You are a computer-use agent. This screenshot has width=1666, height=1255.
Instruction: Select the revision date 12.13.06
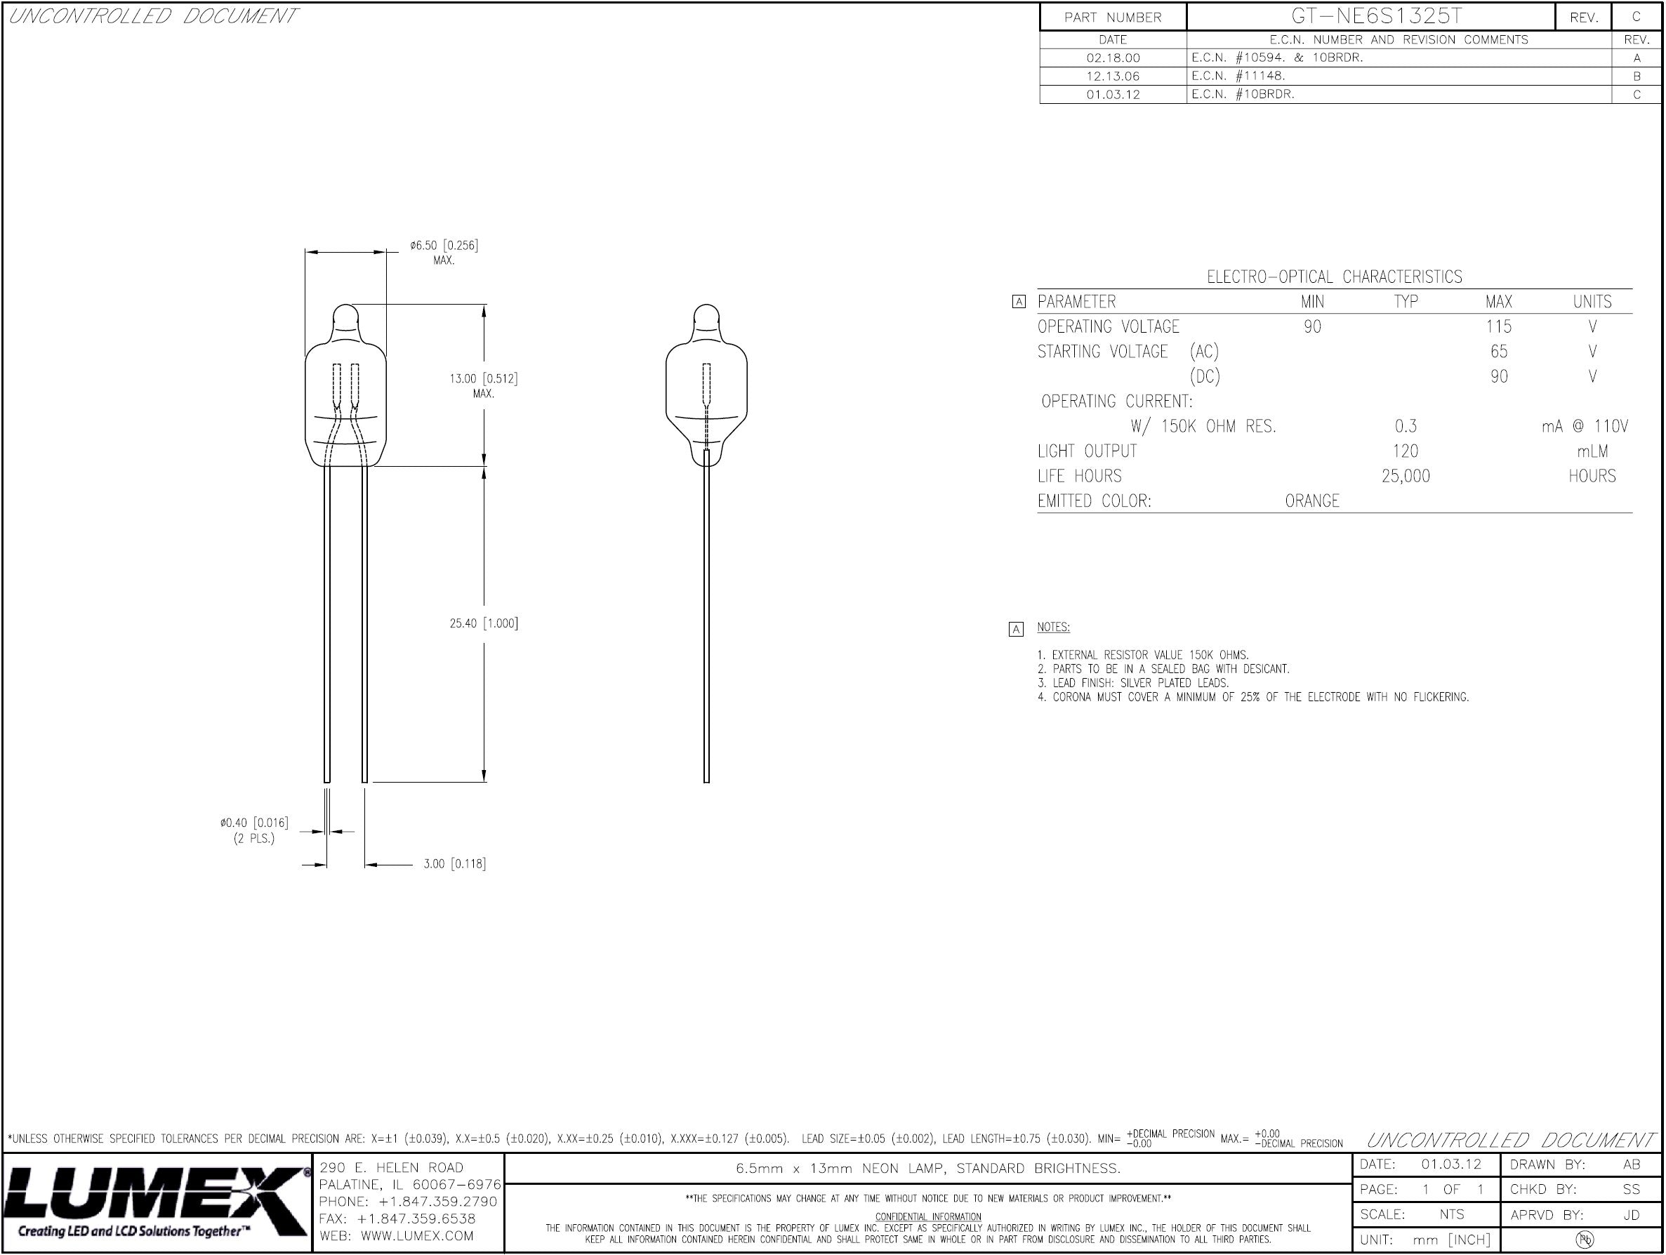pos(1113,76)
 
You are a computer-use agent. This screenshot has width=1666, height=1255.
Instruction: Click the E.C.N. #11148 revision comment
pos(1238,76)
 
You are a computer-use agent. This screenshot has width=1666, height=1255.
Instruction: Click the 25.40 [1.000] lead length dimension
pos(484,623)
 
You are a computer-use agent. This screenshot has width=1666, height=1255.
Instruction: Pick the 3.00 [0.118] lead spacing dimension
pos(454,863)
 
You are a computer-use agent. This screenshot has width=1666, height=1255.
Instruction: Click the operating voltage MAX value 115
pos(1499,327)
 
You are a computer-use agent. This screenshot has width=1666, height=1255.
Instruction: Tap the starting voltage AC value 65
pos(1499,352)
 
